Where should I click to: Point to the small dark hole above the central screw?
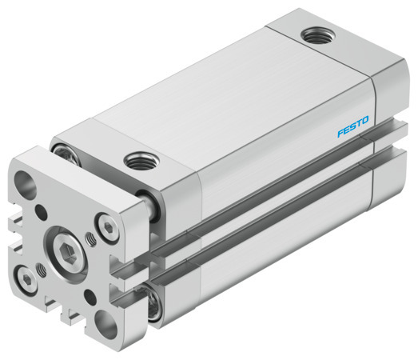pos(41,213)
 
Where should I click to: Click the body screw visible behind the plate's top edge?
pos(63,150)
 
